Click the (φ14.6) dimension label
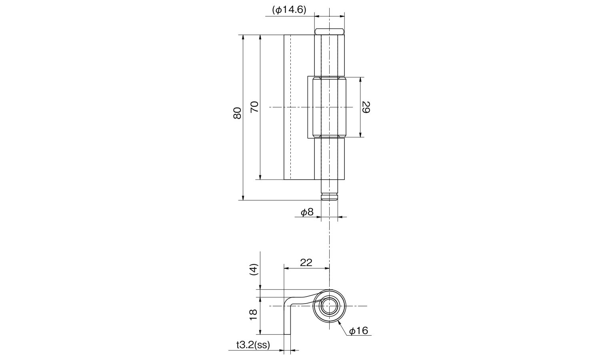pos(289,10)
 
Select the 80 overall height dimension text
pos(237,113)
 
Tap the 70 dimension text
pos(254,107)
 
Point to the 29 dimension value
pos(366,107)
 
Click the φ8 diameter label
pos(307,212)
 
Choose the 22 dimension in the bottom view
pos(306,262)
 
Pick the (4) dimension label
pos(253,270)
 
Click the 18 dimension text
pos(253,314)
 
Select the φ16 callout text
pos(359,331)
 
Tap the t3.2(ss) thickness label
pos(253,345)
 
